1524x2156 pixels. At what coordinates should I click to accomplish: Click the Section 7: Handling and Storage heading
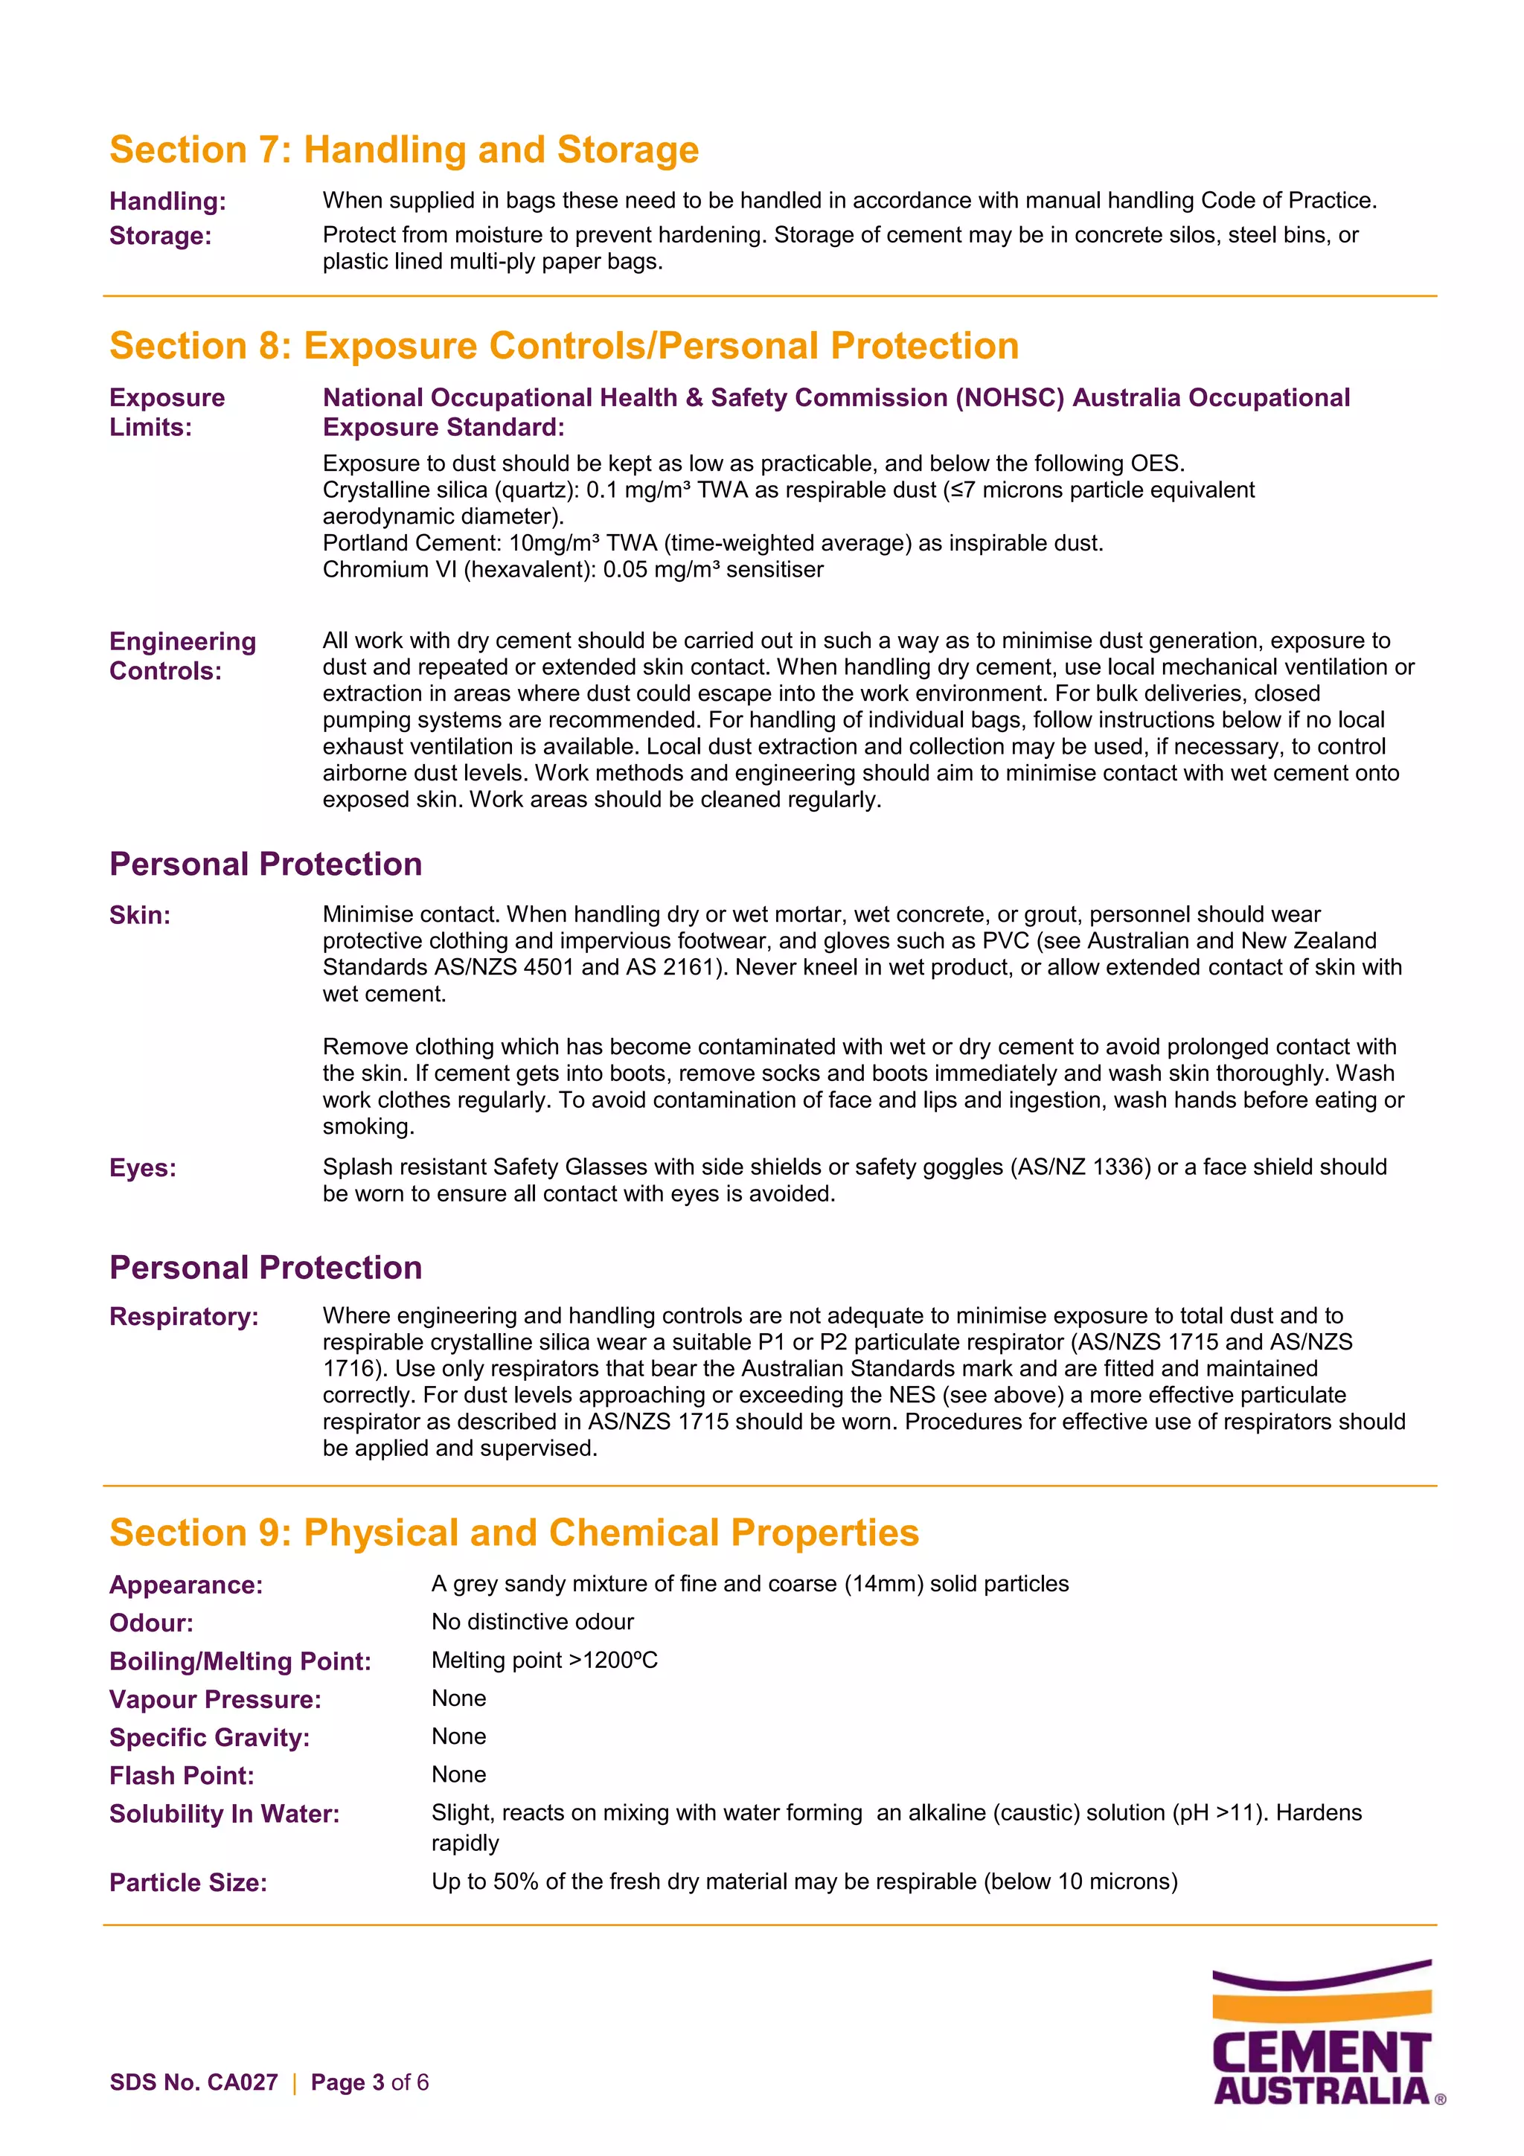point(404,150)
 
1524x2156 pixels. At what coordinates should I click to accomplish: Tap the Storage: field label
point(161,236)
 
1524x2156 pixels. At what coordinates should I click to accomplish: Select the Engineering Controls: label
point(182,655)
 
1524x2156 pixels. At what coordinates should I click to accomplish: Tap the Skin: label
point(140,916)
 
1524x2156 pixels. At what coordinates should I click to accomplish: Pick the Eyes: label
point(143,1168)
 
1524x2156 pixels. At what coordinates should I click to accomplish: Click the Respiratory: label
point(184,1317)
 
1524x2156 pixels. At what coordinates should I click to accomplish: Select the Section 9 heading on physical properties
point(513,1533)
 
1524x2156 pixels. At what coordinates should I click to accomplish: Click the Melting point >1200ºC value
point(544,1661)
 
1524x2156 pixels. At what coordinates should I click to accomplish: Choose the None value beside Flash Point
point(458,1775)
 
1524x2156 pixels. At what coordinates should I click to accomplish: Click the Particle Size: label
point(188,1883)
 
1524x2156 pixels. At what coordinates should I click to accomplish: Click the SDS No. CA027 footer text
point(193,2083)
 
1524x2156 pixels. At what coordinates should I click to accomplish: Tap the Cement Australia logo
point(1324,2033)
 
